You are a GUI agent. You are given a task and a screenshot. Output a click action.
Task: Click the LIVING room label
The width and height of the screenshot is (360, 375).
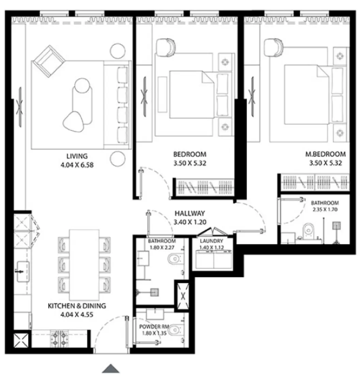77,156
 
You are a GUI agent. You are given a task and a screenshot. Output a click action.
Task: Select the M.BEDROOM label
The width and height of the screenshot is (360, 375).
325,154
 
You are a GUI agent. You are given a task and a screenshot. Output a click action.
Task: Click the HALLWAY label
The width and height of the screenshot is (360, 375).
189,214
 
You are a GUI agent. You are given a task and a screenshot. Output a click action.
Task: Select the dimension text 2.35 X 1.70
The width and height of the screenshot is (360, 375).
325,210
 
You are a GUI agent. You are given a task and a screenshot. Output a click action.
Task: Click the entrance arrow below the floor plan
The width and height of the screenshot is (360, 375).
111,368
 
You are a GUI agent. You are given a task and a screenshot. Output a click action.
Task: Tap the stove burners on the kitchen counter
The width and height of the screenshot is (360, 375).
59,338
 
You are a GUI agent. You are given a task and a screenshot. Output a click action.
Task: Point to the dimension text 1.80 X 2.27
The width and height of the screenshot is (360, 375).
159,247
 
